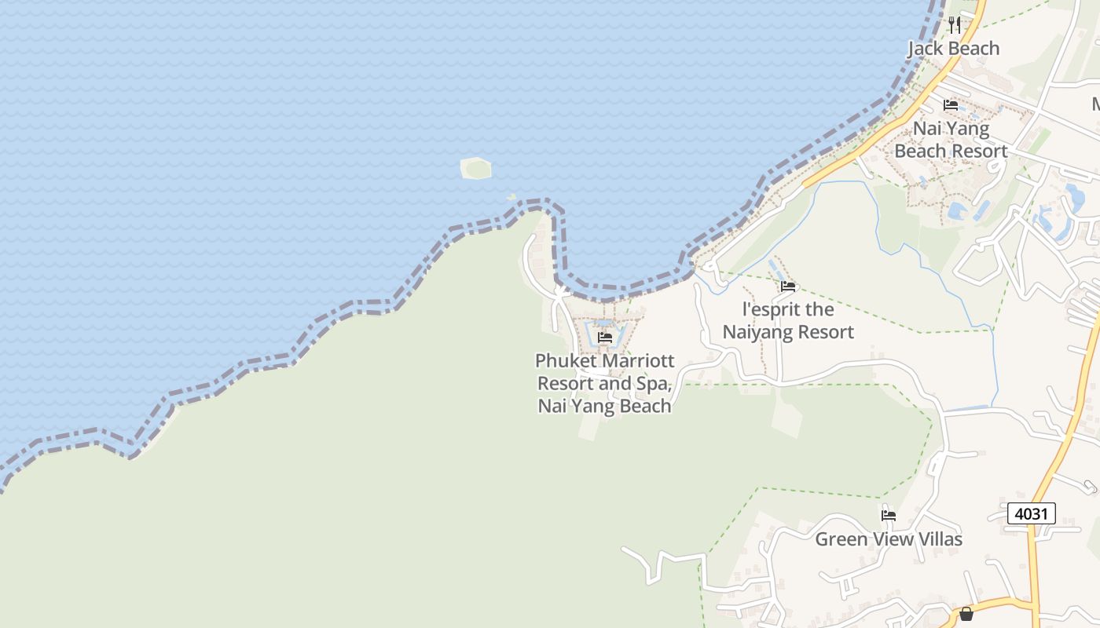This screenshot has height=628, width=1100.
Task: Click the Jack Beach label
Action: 953,49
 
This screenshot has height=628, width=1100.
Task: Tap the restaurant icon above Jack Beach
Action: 955,24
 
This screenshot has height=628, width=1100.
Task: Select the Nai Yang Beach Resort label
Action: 951,139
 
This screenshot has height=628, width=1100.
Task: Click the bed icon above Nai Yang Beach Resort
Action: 951,104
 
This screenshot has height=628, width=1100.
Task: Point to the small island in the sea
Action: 475,168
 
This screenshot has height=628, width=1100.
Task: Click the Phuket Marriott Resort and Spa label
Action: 604,383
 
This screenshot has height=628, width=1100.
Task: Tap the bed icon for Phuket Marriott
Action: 604,338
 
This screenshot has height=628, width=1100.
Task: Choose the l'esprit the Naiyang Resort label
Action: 788,320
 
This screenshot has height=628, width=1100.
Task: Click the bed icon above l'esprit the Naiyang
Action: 788,287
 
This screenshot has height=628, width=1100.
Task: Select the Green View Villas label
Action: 888,539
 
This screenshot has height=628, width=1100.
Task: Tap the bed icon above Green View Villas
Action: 889,516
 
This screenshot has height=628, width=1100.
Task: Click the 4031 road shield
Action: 1031,513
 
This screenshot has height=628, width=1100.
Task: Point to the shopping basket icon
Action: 966,613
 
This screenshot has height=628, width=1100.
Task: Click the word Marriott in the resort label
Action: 635,361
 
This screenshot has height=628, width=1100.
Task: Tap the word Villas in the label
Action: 938,539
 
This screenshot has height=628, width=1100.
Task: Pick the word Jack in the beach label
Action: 925,49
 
